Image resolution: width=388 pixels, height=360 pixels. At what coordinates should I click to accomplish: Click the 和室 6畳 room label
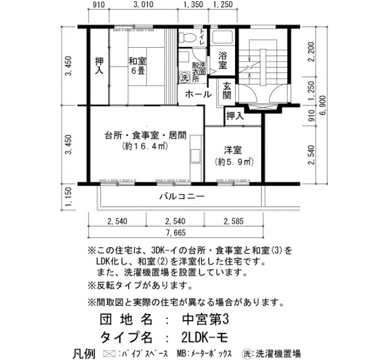click(137, 65)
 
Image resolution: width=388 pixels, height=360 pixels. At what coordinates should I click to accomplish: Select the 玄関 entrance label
click(227, 91)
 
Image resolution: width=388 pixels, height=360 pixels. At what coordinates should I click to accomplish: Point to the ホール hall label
click(198, 94)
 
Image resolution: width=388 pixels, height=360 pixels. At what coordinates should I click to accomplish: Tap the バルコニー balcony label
click(182, 197)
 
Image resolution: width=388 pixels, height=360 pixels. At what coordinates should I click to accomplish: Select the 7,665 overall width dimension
click(176, 233)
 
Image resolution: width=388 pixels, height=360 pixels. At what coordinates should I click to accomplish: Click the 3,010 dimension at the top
click(144, 4)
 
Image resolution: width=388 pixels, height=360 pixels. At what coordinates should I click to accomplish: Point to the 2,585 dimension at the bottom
click(233, 221)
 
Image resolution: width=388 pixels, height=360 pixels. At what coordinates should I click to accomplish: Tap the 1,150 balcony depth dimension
click(69, 197)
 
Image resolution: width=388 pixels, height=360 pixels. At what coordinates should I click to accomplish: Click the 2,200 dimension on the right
click(311, 52)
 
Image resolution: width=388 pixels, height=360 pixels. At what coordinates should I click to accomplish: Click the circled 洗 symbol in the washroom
click(184, 78)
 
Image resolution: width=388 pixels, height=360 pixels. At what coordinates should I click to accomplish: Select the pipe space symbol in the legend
click(109, 353)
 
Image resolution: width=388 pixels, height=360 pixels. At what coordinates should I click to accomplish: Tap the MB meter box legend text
click(205, 353)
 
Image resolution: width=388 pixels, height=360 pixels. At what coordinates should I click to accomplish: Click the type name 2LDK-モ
click(205, 337)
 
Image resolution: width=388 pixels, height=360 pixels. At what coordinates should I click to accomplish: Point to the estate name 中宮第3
click(206, 320)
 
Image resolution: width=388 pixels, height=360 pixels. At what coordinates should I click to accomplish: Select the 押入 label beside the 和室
click(99, 65)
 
